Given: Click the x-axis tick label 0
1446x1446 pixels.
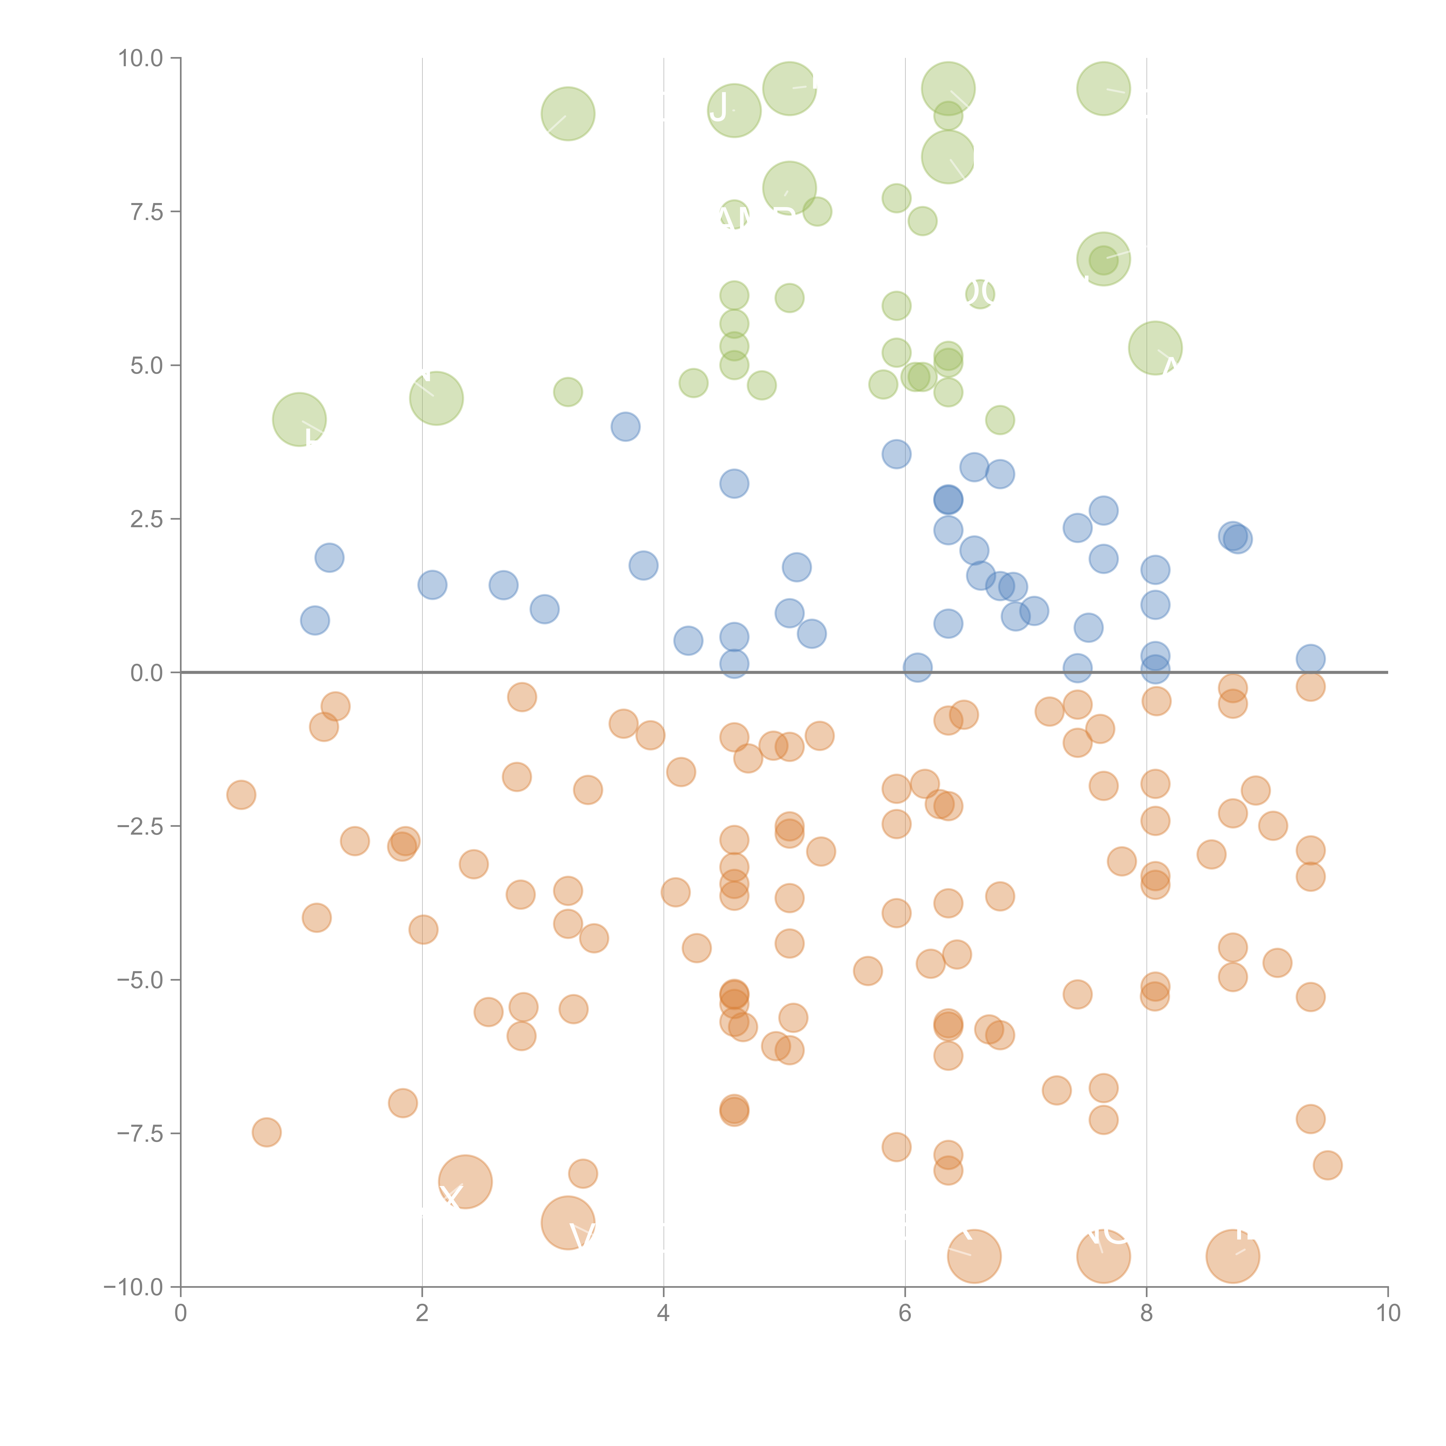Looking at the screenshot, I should pos(180,1314).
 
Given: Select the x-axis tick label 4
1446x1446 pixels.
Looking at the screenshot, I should pos(663,1314).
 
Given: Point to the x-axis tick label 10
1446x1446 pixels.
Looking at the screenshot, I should pos(1388,1314).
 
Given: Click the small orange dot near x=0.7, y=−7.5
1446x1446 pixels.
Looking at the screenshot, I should pos(266,1133).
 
